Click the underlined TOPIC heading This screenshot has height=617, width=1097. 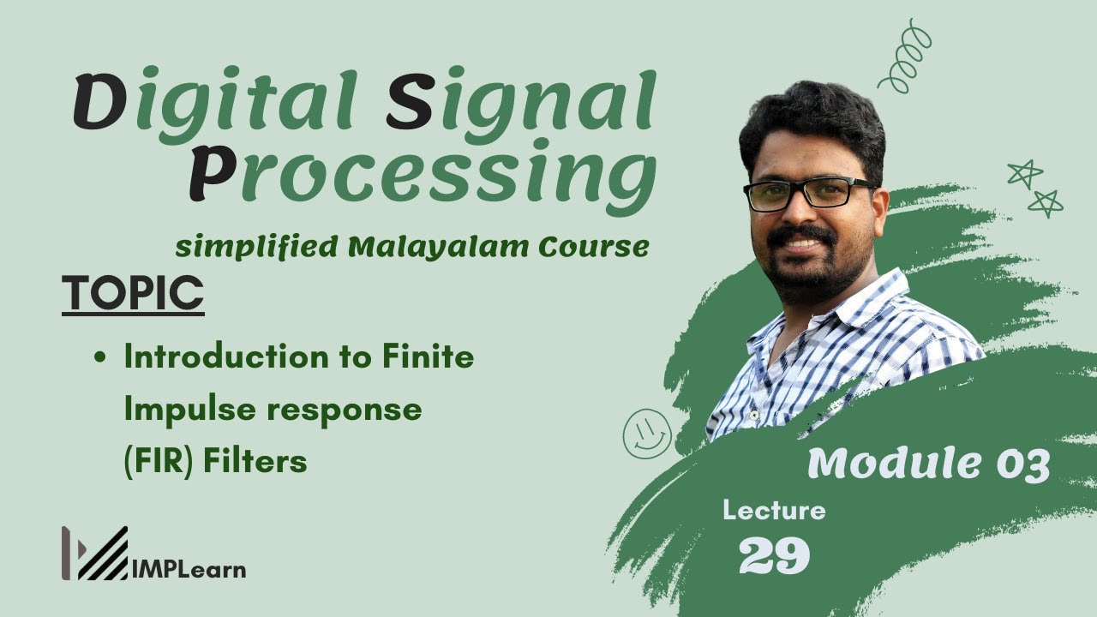[133, 294]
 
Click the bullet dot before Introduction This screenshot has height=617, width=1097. [100, 358]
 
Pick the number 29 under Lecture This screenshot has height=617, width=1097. [774, 557]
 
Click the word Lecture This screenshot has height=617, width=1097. [774, 512]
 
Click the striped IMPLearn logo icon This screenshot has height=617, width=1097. [94, 554]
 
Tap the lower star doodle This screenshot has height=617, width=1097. [1046, 203]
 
